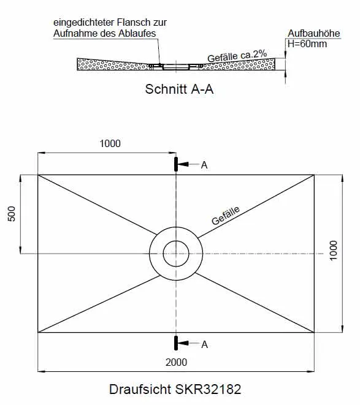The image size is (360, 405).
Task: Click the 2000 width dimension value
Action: click(176, 362)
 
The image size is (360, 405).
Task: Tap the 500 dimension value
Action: click(12, 214)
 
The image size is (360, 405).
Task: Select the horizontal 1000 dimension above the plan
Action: click(110, 143)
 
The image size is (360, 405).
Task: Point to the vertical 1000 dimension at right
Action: click(334, 251)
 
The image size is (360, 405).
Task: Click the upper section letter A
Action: click(204, 165)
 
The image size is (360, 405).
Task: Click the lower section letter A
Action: click(204, 344)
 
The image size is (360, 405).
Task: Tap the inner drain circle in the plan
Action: click(176, 241)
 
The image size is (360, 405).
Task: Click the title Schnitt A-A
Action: click(179, 89)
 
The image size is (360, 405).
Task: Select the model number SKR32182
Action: click(208, 389)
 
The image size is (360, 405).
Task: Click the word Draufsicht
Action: click(140, 389)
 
